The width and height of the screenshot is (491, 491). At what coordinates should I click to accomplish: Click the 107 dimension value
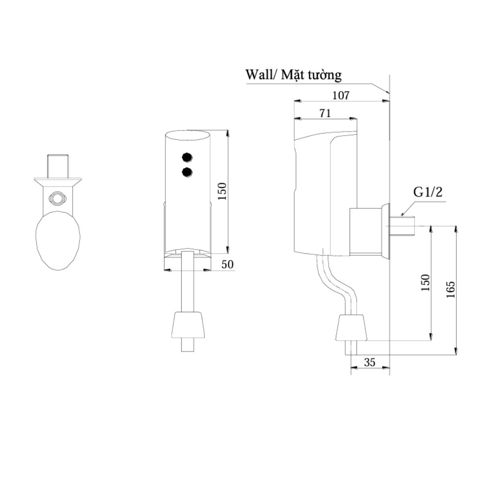pyautogui.click(x=341, y=95)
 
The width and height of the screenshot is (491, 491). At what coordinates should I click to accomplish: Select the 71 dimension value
pyautogui.click(x=325, y=113)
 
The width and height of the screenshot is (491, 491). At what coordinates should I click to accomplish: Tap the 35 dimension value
pyautogui.click(x=370, y=362)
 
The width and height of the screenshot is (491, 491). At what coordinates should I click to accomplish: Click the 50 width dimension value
pyautogui.click(x=227, y=264)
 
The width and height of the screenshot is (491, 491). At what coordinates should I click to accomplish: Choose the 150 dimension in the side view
pyautogui.click(x=425, y=282)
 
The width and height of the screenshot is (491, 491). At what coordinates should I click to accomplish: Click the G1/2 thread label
pyautogui.click(x=428, y=192)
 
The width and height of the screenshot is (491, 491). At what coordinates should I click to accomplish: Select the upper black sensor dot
pyautogui.click(x=187, y=158)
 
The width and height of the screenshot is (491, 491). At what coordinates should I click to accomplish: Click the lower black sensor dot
pyautogui.click(x=187, y=172)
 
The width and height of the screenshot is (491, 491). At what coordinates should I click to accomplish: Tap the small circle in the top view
pyautogui.click(x=57, y=199)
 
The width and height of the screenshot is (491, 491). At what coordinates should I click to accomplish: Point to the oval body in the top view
pyautogui.click(x=57, y=241)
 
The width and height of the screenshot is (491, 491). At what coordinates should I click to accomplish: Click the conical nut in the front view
pyautogui.click(x=187, y=325)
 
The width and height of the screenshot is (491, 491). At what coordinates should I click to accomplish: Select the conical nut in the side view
pyautogui.click(x=351, y=328)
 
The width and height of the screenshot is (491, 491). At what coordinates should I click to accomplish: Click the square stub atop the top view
pyautogui.click(x=57, y=166)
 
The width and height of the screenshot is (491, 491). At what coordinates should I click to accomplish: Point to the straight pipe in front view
pyautogui.click(x=187, y=282)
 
